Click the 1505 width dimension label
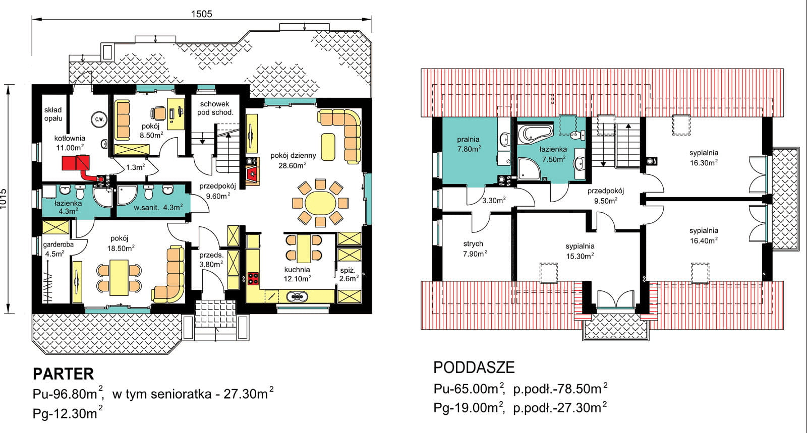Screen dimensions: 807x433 [x=201, y=14]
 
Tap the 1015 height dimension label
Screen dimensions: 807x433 [x=4, y=198]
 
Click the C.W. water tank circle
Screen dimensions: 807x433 [x=99, y=120]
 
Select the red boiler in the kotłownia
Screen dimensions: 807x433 [x=76, y=163]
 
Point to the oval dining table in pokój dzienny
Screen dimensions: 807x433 [x=320, y=203]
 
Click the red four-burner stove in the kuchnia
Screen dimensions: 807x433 [x=253, y=278]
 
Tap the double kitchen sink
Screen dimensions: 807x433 [x=297, y=296]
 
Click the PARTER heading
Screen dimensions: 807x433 [x=64, y=374]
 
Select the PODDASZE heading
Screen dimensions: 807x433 [x=474, y=367]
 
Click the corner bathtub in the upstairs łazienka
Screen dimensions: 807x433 [x=535, y=133]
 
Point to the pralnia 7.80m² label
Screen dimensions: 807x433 [x=469, y=144]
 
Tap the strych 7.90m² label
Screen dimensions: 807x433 [x=475, y=249]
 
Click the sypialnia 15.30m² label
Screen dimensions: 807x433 [x=580, y=251]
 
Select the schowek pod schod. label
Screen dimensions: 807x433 [x=215, y=108]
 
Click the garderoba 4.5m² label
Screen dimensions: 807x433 [x=58, y=249]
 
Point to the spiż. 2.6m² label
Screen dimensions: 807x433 [x=349, y=274]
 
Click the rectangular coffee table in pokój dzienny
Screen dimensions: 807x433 [x=328, y=147]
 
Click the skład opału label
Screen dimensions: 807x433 [x=53, y=114]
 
